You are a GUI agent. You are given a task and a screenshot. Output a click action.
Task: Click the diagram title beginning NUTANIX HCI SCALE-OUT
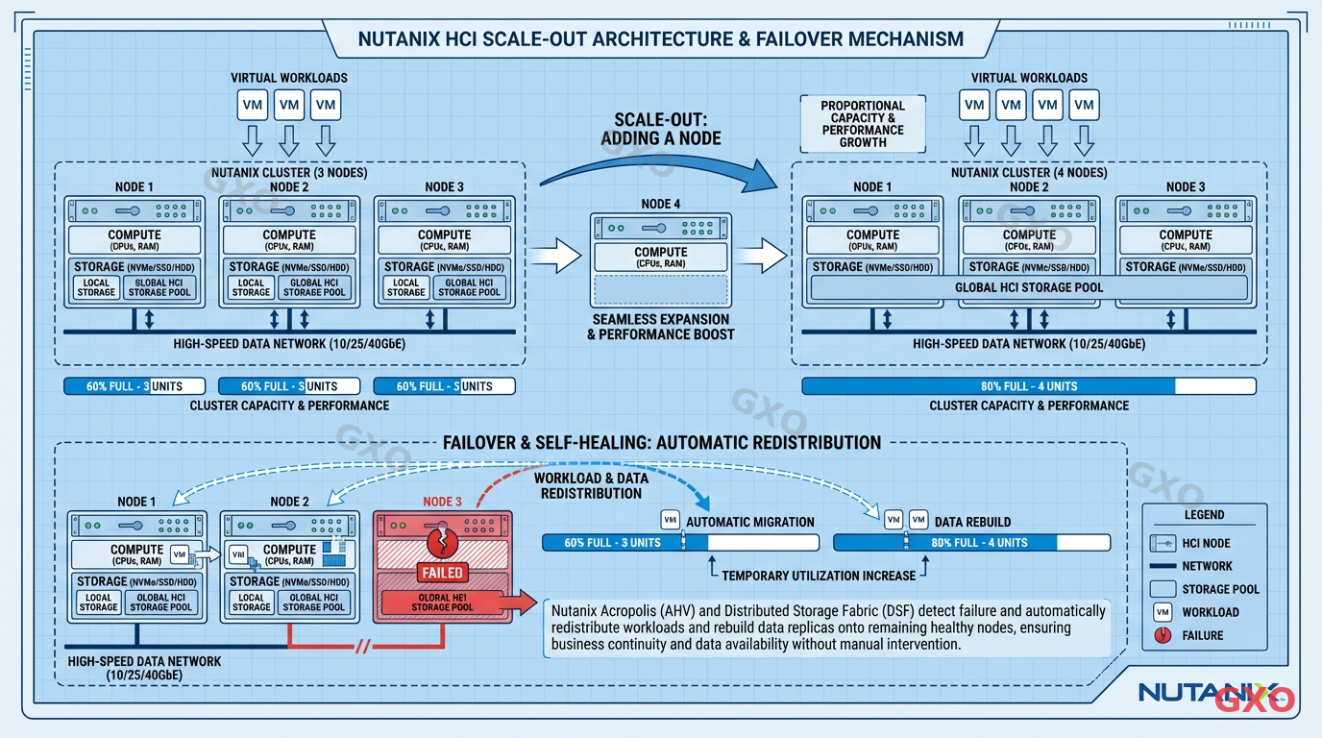tap(660, 39)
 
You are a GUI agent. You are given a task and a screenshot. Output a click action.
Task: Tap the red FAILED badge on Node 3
tap(442, 573)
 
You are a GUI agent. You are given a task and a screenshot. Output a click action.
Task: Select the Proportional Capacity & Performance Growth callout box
tap(863, 124)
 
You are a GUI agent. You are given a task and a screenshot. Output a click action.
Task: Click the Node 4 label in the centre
tap(661, 203)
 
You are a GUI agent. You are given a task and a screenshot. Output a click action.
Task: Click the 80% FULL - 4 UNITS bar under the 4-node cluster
tap(1028, 386)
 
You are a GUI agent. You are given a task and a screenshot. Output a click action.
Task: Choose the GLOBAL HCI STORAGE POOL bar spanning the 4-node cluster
tap(1028, 287)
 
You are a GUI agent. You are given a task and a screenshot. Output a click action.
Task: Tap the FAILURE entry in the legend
tap(1202, 635)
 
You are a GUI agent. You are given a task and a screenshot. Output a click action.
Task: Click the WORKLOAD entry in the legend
tap(1209, 612)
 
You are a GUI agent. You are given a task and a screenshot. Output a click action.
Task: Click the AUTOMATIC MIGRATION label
tap(749, 522)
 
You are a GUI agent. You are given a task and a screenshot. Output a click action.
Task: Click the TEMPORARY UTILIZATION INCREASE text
tap(819, 576)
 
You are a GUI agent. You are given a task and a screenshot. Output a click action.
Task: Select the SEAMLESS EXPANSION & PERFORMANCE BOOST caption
tap(661, 327)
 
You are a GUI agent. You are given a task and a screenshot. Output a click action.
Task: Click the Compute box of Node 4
tap(661, 258)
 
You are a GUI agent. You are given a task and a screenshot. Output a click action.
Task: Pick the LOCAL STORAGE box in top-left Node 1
tap(96, 287)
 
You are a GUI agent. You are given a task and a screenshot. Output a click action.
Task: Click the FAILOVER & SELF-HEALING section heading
tap(661, 443)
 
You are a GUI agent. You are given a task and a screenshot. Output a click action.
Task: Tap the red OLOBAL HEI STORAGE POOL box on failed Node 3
tap(442, 603)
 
